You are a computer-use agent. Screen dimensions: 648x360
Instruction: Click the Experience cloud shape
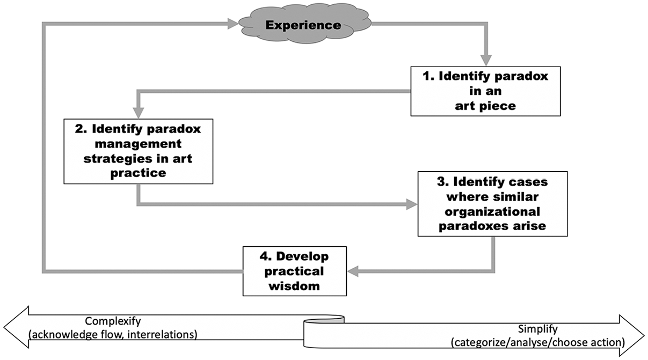pos(304,25)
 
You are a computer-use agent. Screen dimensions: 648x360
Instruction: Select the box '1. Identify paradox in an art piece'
pos(485,91)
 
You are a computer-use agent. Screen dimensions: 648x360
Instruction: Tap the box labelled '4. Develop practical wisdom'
pos(295,271)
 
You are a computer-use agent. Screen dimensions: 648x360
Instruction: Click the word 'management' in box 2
pos(138,144)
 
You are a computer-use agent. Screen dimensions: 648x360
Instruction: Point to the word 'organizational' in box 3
pos(492,211)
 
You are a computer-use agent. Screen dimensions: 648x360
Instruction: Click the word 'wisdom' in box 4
pos(294,286)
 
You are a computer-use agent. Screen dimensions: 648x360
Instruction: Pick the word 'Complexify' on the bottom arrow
pos(113,321)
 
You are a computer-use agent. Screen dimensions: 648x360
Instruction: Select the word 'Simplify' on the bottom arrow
pos(538,329)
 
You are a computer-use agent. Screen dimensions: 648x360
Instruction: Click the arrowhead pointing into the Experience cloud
pos(233,24)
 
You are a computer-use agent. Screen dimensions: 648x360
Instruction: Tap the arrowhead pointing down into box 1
pos(486,61)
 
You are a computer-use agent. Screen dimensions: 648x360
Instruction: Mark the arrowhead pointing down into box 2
pos(139,113)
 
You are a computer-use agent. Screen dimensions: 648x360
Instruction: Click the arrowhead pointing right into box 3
pos(412,204)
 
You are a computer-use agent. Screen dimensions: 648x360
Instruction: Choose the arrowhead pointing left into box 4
pos(353,271)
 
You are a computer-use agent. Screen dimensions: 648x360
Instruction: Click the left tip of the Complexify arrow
pos(4,327)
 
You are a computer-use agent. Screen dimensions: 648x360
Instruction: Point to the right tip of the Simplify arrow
pos(645,336)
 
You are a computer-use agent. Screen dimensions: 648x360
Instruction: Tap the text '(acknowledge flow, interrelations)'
pos(113,335)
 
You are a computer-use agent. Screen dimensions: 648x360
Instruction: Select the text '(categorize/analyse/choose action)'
pos(538,342)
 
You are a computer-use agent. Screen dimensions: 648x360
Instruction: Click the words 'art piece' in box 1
pos(485,106)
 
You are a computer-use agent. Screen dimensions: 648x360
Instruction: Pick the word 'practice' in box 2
pos(139,173)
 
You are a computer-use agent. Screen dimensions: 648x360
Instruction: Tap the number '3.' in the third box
pos(442,182)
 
